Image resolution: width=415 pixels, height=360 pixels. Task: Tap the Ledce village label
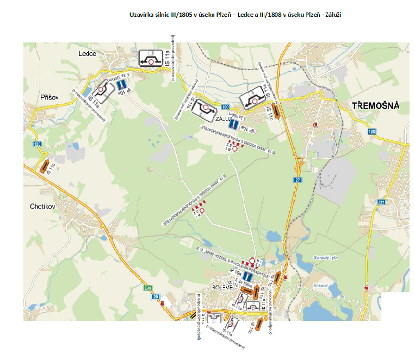(86, 54)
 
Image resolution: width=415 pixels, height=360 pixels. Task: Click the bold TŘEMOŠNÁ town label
(375, 106)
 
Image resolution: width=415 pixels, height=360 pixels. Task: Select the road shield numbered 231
(381, 202)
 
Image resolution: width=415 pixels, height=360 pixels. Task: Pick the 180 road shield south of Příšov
(36, 144)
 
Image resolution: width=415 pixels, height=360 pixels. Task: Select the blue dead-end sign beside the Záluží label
(233, 123)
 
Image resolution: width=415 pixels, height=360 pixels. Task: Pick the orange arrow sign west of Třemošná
(276, 112)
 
